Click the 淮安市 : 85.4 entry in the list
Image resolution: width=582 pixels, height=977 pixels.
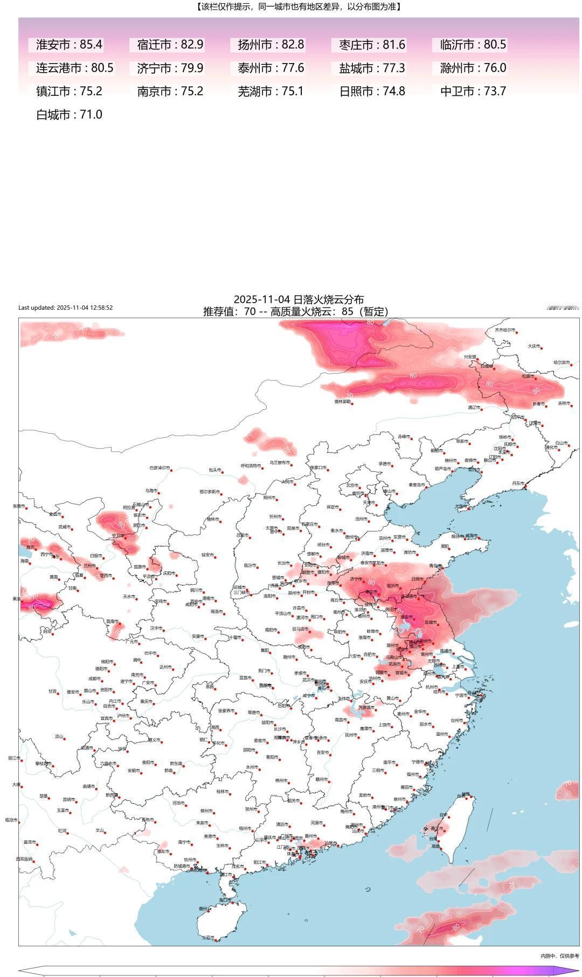tap(69, 45)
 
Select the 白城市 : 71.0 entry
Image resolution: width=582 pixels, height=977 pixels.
tap(69, 115)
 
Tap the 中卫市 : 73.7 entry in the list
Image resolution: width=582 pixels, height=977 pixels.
tap(473, 92)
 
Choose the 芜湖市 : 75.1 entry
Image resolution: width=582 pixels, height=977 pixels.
tap(271, 92)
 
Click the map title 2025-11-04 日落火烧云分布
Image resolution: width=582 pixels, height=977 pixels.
tap(298, 299)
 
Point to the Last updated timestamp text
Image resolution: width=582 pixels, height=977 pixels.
tap(65, 308)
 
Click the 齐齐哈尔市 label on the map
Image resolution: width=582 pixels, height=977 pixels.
tap(505, 330)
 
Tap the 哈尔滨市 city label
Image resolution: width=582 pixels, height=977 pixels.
tap(562, 362)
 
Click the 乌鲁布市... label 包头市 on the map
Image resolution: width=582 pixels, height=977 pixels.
tap(214, 470)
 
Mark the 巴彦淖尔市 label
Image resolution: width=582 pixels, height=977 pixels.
tap(160, 467)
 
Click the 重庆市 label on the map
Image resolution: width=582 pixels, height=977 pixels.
tap(146, 701)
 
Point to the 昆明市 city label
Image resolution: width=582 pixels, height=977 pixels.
tap(68, 799)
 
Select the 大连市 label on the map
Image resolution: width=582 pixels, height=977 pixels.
tap(460, 506)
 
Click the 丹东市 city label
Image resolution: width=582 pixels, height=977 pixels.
tap(517, 483)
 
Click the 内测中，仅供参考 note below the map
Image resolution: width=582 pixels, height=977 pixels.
tap(559, 955)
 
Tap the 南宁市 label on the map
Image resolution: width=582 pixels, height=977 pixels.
tap(184, 842)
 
